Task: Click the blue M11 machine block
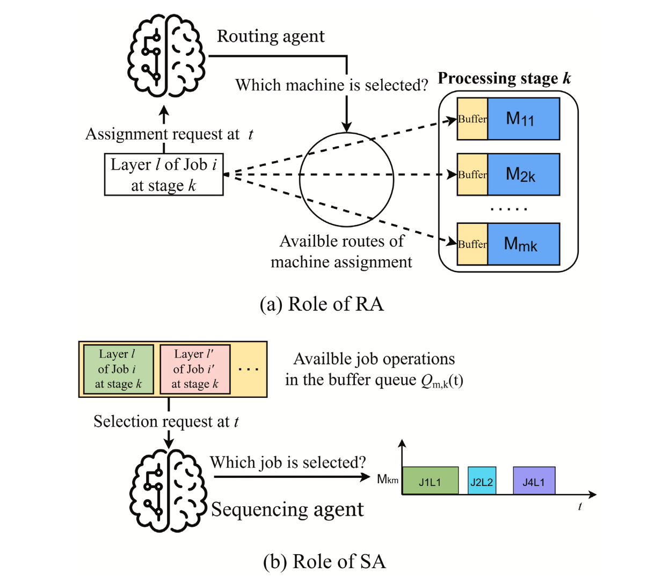click(523, 119)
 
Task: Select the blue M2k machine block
click(523, 174)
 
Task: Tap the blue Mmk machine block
click(523, 244)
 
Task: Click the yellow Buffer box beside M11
click(472, 119)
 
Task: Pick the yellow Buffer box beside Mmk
click(472, 244)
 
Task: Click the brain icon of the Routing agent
click(166, 56)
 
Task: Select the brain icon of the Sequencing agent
click(168, 491)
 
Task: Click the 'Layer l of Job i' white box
click(164, 174)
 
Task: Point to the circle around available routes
click(346, 179)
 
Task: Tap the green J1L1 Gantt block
click(430, 481)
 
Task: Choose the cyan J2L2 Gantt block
click(482, 481)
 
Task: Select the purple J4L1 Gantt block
click(534, 481)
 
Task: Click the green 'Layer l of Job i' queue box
click(118, 369)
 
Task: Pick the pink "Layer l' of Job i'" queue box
click(195, 369)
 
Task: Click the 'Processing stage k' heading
click(504, 78)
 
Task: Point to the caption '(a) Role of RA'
click(322, 304)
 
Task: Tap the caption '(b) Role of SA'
click(324, 562)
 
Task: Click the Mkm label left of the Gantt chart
click(387, 479)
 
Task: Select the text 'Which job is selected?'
click(288, 462)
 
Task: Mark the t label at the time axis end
click(580, 506)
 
